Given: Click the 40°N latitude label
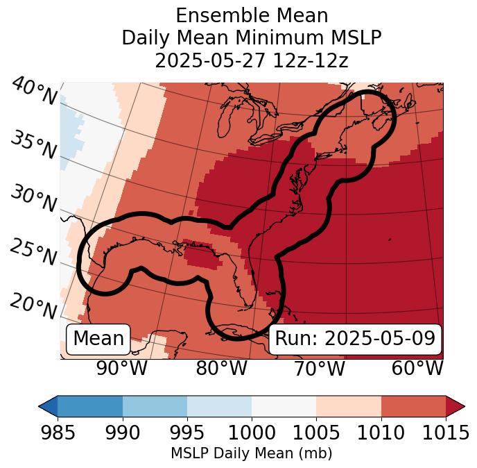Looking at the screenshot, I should click(33, 92).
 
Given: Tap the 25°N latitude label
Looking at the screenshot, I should click(33, 253).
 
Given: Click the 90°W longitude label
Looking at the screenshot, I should click(121, 368).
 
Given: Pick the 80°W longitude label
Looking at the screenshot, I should click(221, 368).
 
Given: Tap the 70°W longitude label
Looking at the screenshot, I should click(319, 368).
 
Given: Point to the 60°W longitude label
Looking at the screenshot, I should click(417, 368).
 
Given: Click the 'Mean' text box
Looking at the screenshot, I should click(98, 339).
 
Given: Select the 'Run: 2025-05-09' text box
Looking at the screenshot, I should click(355, 339).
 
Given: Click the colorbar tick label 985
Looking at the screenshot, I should click(57, 433).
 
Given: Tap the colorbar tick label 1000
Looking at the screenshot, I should click(252, 433).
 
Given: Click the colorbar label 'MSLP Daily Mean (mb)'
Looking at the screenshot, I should click(251, 453).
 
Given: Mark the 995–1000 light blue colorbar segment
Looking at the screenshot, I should click(219, 406).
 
